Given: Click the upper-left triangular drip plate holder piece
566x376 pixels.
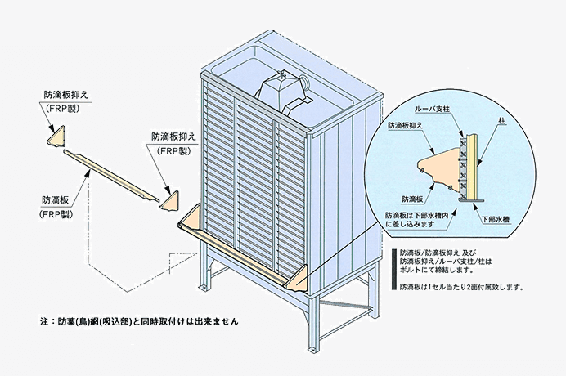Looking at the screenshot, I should pos(54,137).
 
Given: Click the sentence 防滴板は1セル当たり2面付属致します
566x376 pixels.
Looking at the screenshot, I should pos(461,288).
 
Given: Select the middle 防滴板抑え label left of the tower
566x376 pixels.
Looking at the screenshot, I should pos(173,137).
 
